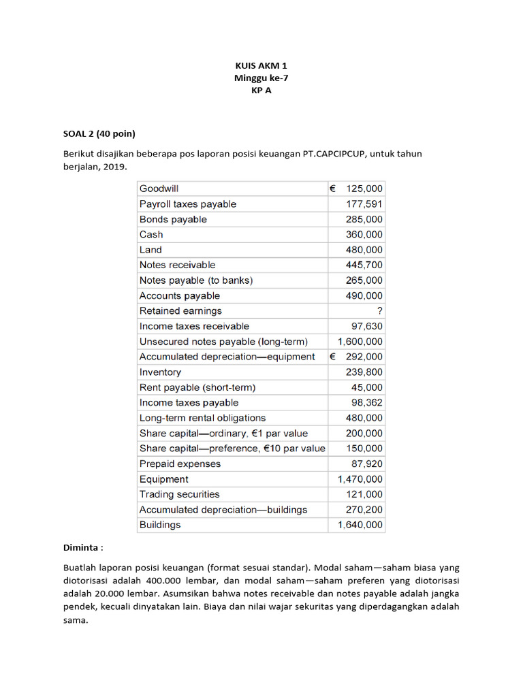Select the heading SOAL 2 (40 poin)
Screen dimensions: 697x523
[101, 133]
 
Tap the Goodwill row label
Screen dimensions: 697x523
[159, 189]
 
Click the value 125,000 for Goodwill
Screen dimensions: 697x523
[364, 189]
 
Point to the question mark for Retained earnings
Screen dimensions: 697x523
[379, 311]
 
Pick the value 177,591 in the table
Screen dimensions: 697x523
[364, 204]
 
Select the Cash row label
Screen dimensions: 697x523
[151, 234]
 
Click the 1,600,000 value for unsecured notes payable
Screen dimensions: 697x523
[360, 342]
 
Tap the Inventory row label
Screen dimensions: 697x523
[160, 372]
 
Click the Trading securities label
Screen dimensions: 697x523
[179, 494]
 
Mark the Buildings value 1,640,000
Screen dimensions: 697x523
[360, 525]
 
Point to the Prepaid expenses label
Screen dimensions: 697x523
[180, 464]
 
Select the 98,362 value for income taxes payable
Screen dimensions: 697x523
[366, 402]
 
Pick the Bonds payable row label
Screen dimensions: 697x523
[173, 219]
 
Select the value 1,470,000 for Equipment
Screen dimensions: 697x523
[360, 479]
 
